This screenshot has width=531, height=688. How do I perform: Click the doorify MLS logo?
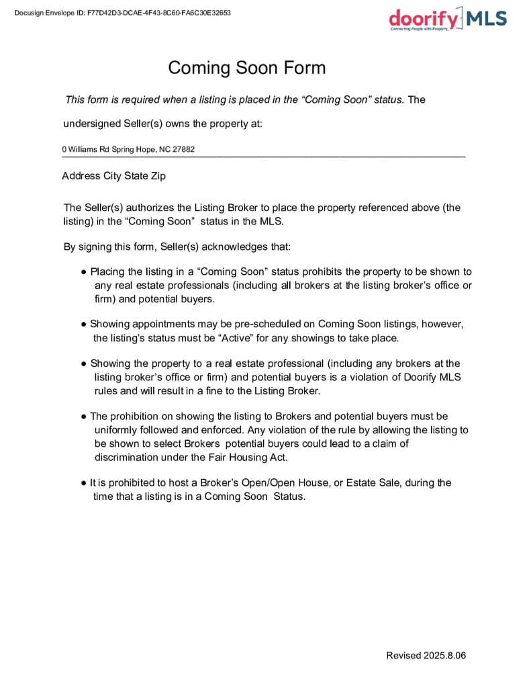[x=448, y=18]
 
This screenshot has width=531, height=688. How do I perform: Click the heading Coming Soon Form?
[x=246, y=68]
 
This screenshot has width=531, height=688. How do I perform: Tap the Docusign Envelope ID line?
[x=123, y=12]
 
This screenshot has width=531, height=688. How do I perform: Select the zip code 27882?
[x=184, y=149]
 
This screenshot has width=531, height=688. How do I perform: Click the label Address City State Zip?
[x=113, y=176]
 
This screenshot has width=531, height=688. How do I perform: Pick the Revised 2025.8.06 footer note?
[x=426, y=655]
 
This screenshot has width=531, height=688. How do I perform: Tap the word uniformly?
[x=117, y=430]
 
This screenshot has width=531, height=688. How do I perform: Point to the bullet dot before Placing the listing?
[x=84, y=272]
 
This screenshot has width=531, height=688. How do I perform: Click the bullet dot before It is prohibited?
[x=84, y=483]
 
